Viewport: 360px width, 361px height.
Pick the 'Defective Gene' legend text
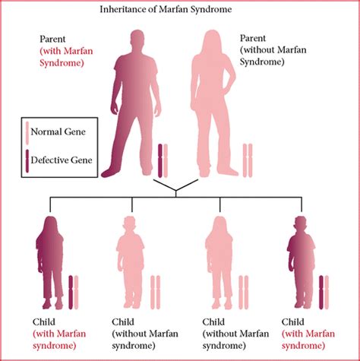[69, 159]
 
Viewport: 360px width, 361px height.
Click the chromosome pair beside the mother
[248, 160]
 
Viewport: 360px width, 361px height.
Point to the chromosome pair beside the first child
[73, 293]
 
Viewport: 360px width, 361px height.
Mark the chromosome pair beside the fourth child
[324, 293]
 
